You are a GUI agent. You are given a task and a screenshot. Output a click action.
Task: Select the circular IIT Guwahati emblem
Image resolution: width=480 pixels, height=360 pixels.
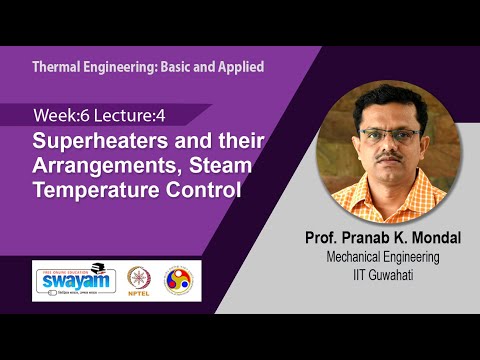[181, 278]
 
